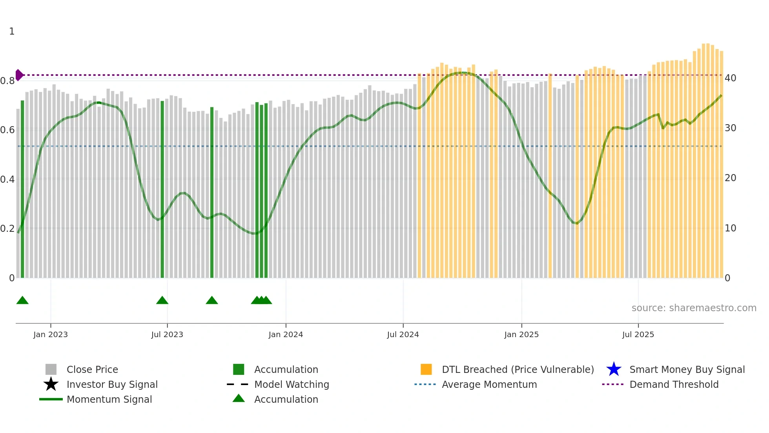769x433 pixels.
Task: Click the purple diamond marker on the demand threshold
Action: click(x=19, y=75)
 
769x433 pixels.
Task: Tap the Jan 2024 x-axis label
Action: click(x=286, y=334)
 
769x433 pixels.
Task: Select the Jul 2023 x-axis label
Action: click(x=167, y=334)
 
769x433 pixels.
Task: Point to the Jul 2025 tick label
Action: click(x=638, y=334)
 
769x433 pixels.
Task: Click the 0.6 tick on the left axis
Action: click(x=7, y=130)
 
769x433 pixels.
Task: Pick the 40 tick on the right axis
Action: click(x=730, y=78)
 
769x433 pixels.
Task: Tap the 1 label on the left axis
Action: click(x=12, y=31)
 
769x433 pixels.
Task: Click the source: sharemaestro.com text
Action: click(x=694, y=308)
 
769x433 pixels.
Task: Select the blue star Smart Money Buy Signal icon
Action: click(x=614, y=369)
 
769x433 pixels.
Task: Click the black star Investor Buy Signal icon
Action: click(x=51, y=384)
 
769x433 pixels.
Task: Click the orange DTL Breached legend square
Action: click(x=426, y=369)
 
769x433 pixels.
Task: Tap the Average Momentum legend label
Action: click(x=489, y=384)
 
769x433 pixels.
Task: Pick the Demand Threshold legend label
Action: click(x=674, y=384)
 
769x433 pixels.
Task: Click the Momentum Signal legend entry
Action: click(x=109, y=399)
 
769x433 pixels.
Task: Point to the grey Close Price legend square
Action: click(x=51, y=369)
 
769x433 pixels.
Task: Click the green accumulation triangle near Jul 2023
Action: click(x=162, y=301)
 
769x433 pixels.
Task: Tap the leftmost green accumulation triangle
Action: click(x=22, y=301)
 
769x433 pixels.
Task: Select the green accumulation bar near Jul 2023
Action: click(x=162, y=189)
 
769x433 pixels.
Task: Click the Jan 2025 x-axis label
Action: click(x=521, y=334)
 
